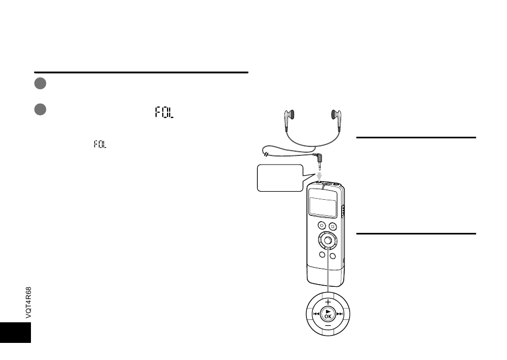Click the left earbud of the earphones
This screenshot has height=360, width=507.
[x=289, y=120]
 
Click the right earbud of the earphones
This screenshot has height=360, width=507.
[x=336, y=120]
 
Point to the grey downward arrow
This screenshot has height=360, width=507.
[x=319, y=176]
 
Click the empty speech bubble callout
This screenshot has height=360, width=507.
[x=280, y=178]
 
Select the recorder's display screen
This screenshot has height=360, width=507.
[x=323, y=204]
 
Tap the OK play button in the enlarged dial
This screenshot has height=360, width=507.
[x=328, y=314]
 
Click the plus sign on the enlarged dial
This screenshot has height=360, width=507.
[x=328, y=302]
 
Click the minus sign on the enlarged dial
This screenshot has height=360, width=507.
[x=328, y=326]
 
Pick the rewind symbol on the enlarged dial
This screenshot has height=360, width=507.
[x=316, y=314]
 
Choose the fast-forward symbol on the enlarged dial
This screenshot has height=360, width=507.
[x=340, y=314]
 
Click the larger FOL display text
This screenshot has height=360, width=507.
[x=164, y=112]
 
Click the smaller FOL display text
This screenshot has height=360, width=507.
[x=100, y=144]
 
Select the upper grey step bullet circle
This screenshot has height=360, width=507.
[x=40, y=83]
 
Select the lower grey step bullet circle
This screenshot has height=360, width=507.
[x=40, y=109]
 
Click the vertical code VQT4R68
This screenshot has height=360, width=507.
[x=28, y=303]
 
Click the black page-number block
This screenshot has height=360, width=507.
[x=15, y=332]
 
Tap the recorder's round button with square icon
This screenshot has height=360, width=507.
[x=332, y=226]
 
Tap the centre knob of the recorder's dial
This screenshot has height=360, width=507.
[x=328, y=240]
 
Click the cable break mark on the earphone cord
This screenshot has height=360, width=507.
[x=265, y=154]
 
